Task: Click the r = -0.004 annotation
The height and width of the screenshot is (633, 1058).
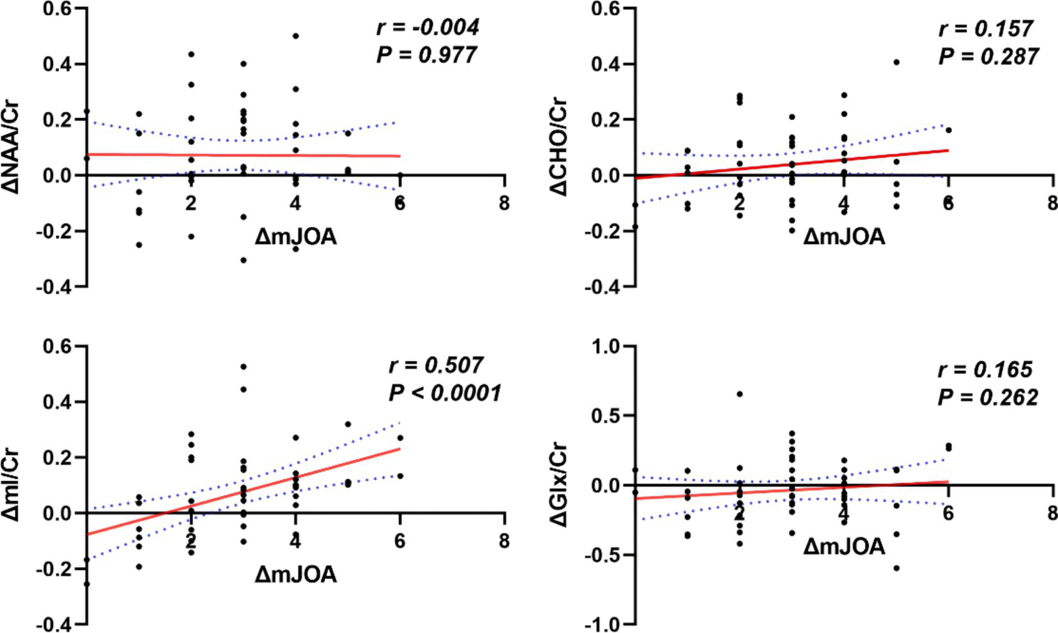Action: point(427,28)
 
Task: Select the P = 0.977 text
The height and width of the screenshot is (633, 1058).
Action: point(426,55)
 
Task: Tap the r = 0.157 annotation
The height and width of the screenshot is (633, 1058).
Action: point(986,29)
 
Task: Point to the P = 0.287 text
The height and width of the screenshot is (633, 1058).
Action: point(988,57)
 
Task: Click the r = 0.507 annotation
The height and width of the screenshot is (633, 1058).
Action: point(435,365)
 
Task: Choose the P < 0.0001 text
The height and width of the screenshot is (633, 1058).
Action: point(445,393)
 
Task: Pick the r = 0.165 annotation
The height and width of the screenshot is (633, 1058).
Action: point(985,370)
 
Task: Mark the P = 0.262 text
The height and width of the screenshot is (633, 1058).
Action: point(987,398)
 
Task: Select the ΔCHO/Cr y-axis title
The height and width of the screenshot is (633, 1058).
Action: point(560,146)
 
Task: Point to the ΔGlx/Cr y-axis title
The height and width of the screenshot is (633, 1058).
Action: point(560,484)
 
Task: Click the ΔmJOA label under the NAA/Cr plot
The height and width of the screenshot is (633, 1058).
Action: point(296,237)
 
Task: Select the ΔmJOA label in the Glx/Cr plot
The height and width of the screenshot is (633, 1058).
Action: point(844,547)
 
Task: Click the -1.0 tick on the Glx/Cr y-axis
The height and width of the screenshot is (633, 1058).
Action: point(602,625)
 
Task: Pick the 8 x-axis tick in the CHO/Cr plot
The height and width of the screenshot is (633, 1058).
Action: point(1052,204)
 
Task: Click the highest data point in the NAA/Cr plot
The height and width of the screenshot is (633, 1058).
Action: point(296,36)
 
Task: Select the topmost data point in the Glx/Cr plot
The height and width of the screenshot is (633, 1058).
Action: point(740,394)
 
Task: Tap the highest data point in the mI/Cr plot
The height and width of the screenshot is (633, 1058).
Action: point(243,366)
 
